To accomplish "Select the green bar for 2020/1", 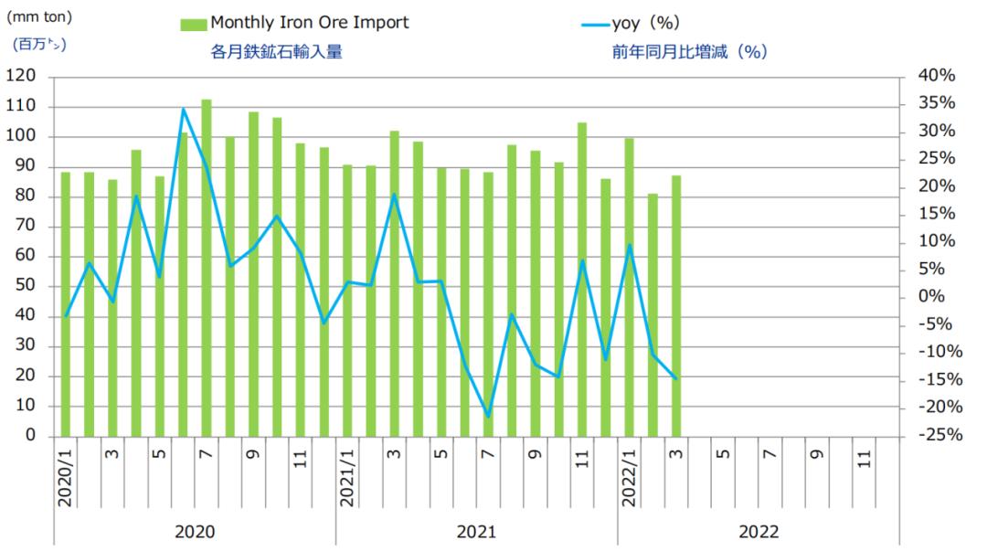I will coord(66,303).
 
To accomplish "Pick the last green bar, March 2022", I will coord(675,305).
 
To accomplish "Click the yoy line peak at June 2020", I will coord(183,110).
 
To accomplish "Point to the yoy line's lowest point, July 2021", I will coord(488,416).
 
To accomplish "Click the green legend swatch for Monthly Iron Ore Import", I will coord(194,23).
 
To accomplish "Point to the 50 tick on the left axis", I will coord(27,286).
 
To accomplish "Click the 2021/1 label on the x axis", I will coord(347,477).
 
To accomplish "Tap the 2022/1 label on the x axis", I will coord(630,477).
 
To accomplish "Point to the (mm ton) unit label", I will coord(40,16).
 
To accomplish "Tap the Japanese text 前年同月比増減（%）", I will coord(689,52).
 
